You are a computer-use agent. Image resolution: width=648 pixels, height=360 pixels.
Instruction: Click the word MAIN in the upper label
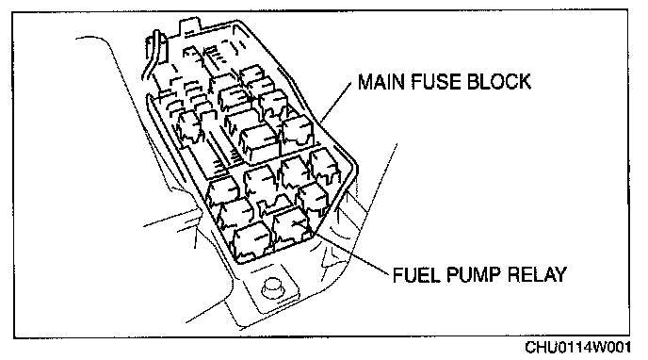(381, 82)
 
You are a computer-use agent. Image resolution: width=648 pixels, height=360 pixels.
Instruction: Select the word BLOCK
(498, 82)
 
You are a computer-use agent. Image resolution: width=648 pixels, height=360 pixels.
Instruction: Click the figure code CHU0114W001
(577, 347)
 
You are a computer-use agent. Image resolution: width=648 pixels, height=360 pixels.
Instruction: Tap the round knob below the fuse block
(273, 286)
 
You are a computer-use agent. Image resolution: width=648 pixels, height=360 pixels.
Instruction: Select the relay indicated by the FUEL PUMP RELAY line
(291, 229)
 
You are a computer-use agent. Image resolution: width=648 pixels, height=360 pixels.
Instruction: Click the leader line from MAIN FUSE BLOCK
(336, 101)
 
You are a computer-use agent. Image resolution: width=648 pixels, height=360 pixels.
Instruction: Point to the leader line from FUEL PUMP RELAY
(350, 252)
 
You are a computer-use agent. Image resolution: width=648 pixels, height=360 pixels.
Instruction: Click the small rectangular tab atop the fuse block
(189, 26)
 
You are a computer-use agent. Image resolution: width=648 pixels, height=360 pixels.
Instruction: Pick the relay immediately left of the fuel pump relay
(251, 242)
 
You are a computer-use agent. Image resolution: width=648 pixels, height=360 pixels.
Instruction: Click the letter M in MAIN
(365, 82)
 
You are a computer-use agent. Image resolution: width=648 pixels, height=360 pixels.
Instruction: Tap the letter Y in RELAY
(560, 274)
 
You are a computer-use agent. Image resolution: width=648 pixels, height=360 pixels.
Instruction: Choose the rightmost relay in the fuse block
(325, 167)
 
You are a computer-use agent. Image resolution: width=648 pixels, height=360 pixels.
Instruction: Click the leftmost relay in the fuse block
(189, 126)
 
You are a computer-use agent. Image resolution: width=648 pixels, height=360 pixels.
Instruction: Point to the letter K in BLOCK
(524, 82)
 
